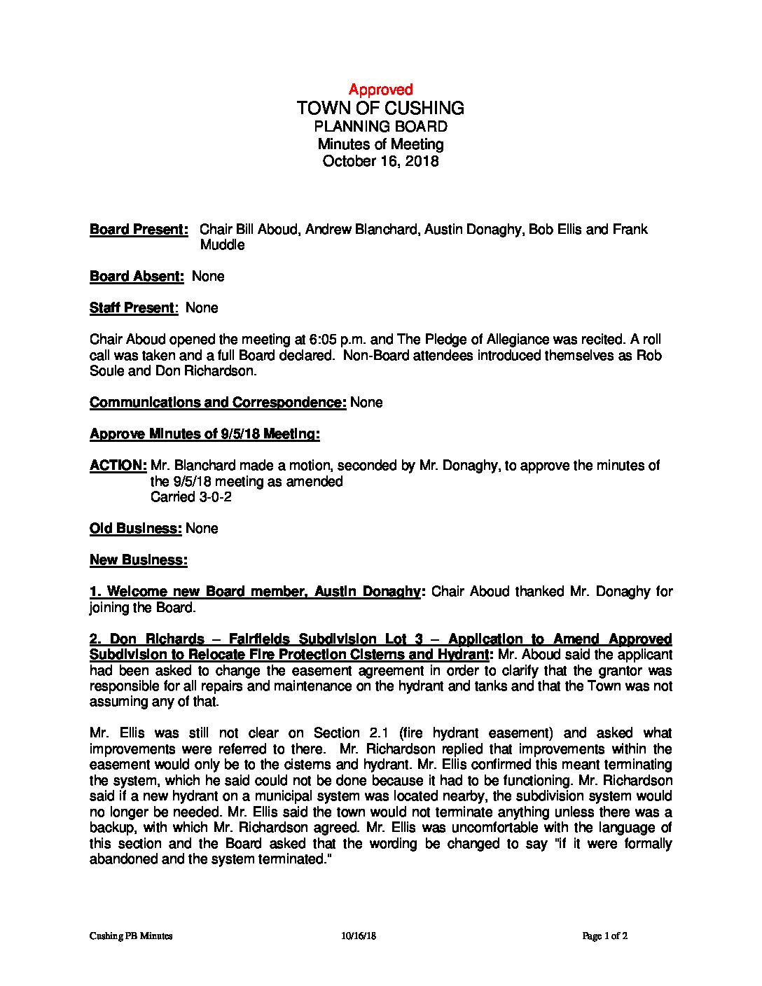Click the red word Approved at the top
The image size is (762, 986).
(x=380, y=90)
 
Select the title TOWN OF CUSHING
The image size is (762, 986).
(x=380, y=108)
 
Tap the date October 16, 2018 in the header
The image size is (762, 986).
(x=380, y=161)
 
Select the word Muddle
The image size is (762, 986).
(x=222, y=245)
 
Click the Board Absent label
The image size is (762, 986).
(x=137, y=277)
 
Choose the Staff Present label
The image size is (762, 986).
(x=133, y=308)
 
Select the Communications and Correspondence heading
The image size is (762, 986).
(x=218, y=403)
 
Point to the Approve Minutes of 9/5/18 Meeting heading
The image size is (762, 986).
(x=205, y=434)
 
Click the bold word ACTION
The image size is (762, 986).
(x=118, y=466)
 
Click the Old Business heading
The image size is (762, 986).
(x=136, y=529)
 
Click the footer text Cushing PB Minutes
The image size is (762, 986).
(x=131, y=936)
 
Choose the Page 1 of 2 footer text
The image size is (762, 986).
(x=605, y=936)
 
